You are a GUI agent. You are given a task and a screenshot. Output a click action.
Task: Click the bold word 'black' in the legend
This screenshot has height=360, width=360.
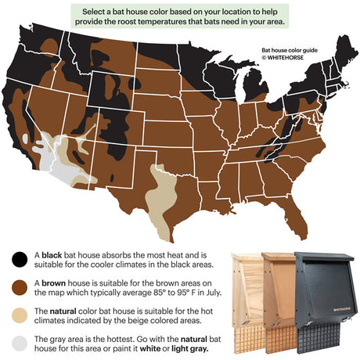pyautogui.click(x=53, y=256)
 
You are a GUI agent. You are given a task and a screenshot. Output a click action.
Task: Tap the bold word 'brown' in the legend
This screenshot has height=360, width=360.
pyautogui.click(x=54, y=284)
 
